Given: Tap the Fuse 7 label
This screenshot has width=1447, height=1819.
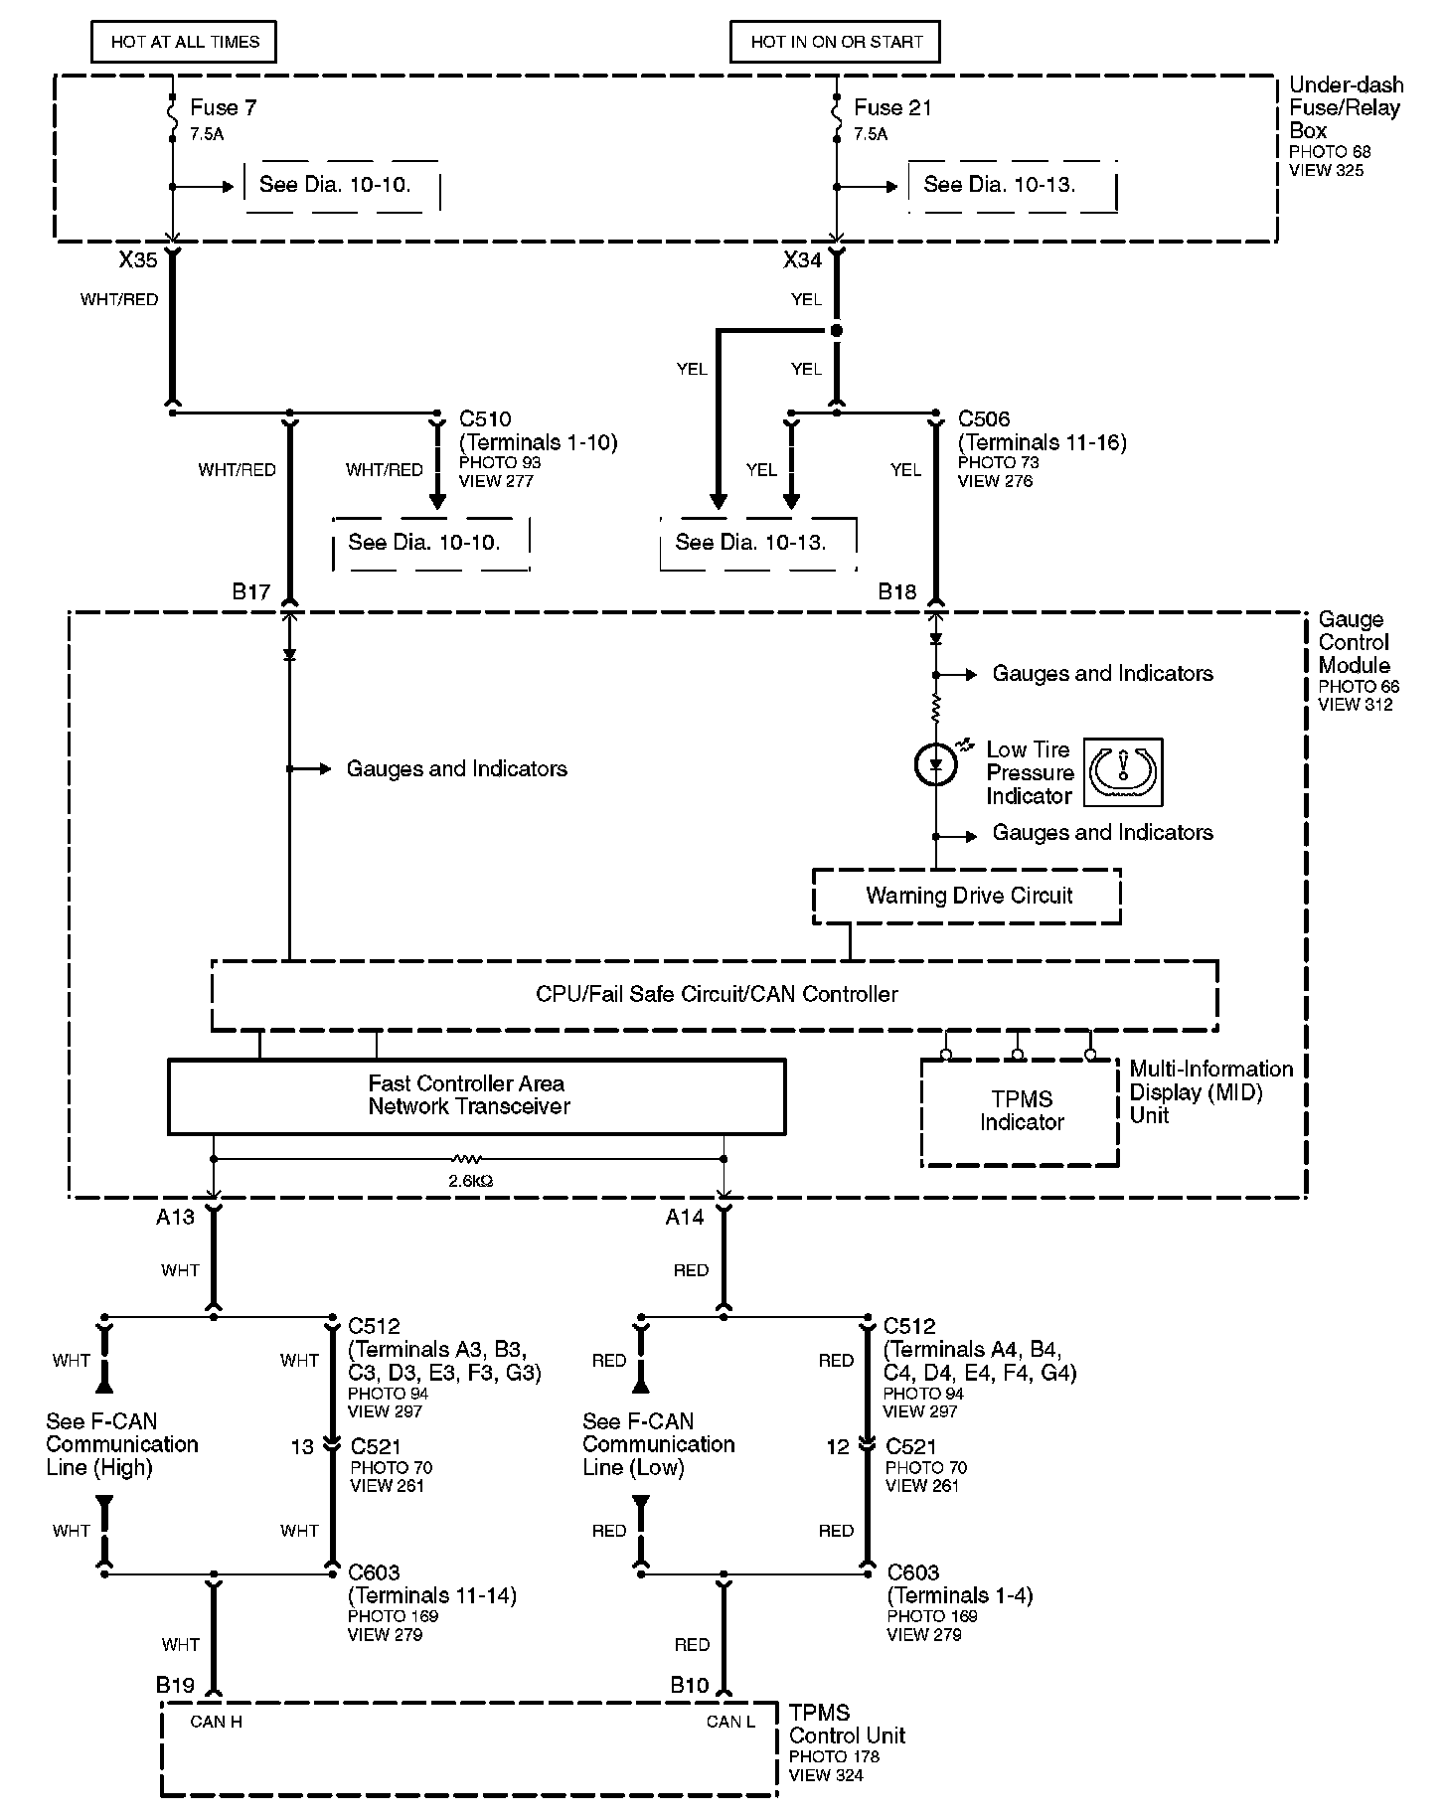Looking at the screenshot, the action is point(224,107).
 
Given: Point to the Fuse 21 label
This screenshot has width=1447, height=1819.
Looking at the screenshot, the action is point(892,107).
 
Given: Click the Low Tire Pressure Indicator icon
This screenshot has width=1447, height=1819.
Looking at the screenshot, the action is point(1123,772).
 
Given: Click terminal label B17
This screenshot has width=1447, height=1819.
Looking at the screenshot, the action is point(251,592).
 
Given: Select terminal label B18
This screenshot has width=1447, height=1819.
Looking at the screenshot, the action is point(897,592).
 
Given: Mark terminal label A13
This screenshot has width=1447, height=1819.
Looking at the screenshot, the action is point(176,1218).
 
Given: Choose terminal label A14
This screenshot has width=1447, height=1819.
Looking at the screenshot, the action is point(685,1218).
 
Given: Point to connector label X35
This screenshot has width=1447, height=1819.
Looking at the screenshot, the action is point(138,260).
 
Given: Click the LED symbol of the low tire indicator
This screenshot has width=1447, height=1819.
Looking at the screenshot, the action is point(935,764).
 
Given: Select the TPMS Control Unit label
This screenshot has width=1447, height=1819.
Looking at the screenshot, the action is point(848,1725).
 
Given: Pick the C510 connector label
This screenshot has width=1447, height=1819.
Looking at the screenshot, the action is point(486,419).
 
